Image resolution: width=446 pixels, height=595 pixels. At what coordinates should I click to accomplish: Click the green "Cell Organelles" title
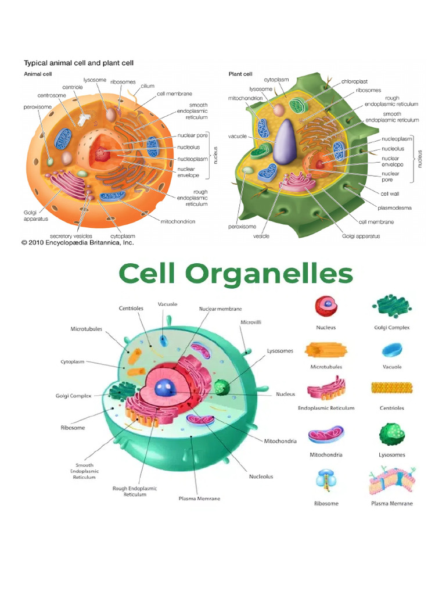(x=236, y=273)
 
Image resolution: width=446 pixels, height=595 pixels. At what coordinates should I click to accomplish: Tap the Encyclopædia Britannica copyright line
(x=77, y=243)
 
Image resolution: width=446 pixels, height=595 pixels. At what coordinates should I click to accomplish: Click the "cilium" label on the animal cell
(x=147, y=85)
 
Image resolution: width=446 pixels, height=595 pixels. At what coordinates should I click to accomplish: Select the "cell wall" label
(x=390, y=193)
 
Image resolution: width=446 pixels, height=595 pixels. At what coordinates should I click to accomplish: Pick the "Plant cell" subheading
(x=240, y=74)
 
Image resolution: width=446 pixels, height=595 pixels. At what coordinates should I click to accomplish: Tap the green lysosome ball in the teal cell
(x=221, y=387)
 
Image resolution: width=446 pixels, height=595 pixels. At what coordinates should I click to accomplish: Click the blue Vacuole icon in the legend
(x=392, y=349)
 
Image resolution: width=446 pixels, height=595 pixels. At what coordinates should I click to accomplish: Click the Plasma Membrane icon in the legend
(x=391, y=479)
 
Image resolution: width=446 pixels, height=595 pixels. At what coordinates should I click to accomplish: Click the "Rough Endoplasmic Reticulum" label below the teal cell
(x=135, y=492)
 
